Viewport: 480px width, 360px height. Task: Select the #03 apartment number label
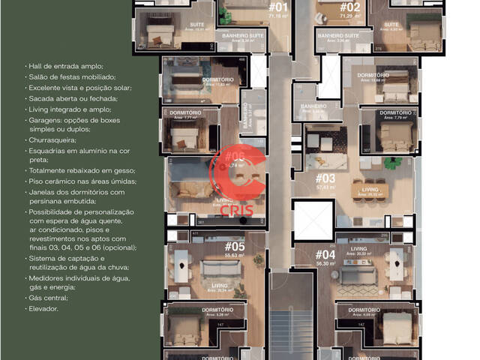click(x=325, y=178)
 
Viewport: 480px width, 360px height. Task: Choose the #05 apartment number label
click(x=235, y=246)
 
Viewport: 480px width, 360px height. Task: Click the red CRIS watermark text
click(x=236, y=209)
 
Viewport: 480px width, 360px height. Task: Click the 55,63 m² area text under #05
click(x=235, y=256)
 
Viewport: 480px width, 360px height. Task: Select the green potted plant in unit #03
click(x=388, y=162)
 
